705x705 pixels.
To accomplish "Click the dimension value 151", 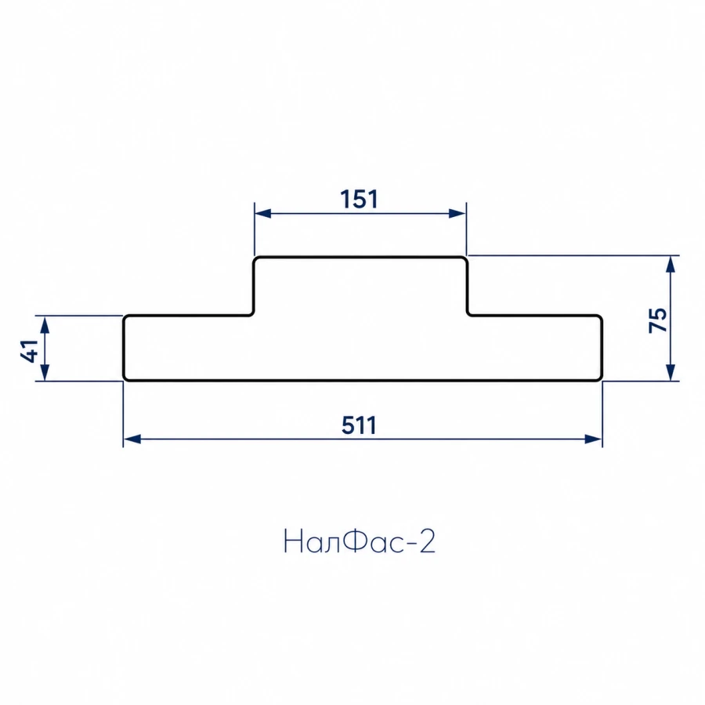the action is click(359, 199).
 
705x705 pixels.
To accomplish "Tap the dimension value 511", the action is click(359, 425).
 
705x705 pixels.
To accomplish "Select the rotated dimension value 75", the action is click(658, 320).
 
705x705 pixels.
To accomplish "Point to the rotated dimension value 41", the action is click(29, 351).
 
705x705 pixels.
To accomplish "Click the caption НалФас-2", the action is click(360, 541).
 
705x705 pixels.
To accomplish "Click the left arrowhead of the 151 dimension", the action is click(262, 213).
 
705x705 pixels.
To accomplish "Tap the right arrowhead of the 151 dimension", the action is click(457, 213).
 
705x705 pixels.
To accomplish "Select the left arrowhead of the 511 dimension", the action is click(132, 439).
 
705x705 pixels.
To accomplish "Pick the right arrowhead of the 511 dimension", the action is click(593, 439).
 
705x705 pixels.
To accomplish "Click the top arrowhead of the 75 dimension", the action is click(671, 265).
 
